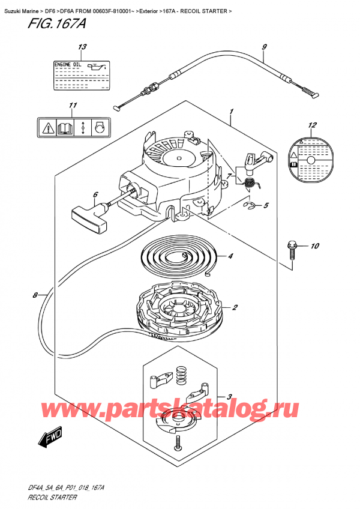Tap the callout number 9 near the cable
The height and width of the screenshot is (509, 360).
point(265,47)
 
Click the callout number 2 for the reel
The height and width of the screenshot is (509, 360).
point(235,308)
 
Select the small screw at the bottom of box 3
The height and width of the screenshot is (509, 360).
point(179,445)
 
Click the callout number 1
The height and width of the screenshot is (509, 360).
point(231,111)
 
